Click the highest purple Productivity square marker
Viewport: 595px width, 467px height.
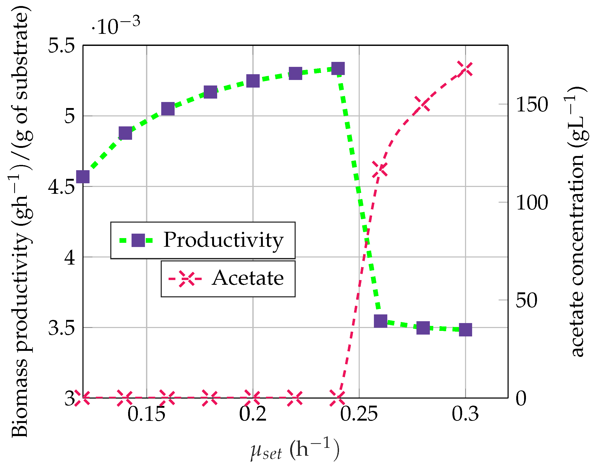pos(338,68)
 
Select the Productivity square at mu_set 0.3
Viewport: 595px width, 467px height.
pos(465,330)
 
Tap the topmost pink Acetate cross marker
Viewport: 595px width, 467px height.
pos(465,69)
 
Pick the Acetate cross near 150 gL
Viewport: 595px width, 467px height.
pos(422,104)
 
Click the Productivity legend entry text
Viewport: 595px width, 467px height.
pos(223,240)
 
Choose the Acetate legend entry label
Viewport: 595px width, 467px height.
pos(248,278)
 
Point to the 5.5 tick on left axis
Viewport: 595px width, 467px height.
pos(61,46)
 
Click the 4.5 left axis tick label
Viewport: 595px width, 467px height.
pos(61,187)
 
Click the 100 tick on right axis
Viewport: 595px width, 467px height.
pos(532,203)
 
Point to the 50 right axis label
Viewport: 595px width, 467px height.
pos(526,301)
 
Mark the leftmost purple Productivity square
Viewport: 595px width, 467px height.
pos(83,177)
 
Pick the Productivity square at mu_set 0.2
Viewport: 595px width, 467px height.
pos(253,81)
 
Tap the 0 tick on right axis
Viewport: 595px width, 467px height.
pos(521,399)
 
